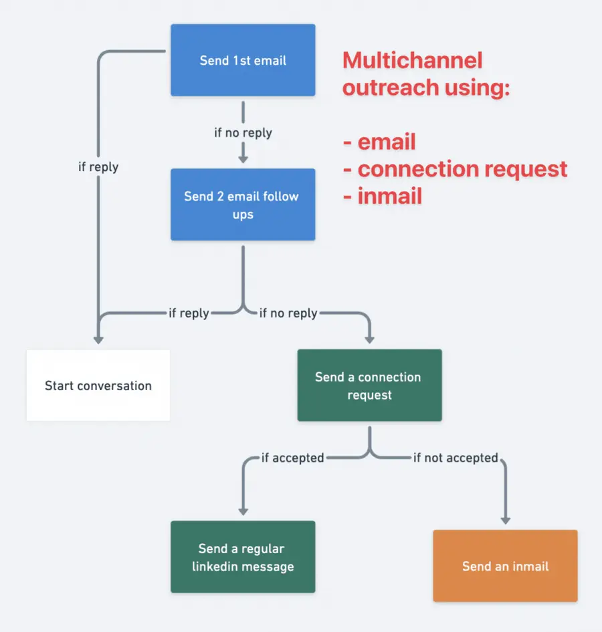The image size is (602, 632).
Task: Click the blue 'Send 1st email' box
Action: coord(243,60)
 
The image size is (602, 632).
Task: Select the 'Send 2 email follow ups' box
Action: coord(243,204)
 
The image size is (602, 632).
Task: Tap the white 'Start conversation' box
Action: coord(98,385)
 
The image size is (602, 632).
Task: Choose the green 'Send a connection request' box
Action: coord(369,385)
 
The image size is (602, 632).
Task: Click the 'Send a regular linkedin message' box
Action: coord(243,557)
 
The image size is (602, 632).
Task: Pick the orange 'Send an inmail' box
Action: coord(505,566)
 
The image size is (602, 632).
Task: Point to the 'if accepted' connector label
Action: coord(292,458)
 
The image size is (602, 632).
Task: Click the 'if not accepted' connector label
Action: coord(456,458)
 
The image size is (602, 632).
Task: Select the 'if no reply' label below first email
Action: coord(243,132)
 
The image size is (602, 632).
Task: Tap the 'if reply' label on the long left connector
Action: coord(98,166)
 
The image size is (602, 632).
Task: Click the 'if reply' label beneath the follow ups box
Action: coord(189,313)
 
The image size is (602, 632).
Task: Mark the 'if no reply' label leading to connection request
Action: coord(288,313)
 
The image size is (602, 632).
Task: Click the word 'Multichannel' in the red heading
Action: coord(412,60)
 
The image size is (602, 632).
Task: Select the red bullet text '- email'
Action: coord(379,142)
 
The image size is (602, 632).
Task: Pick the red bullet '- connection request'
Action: coord(455,168)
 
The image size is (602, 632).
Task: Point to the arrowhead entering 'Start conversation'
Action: coord(98,339)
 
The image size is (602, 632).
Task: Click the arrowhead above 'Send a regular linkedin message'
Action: coord(243,510)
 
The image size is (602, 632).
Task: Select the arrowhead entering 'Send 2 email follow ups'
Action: coord(243,159)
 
